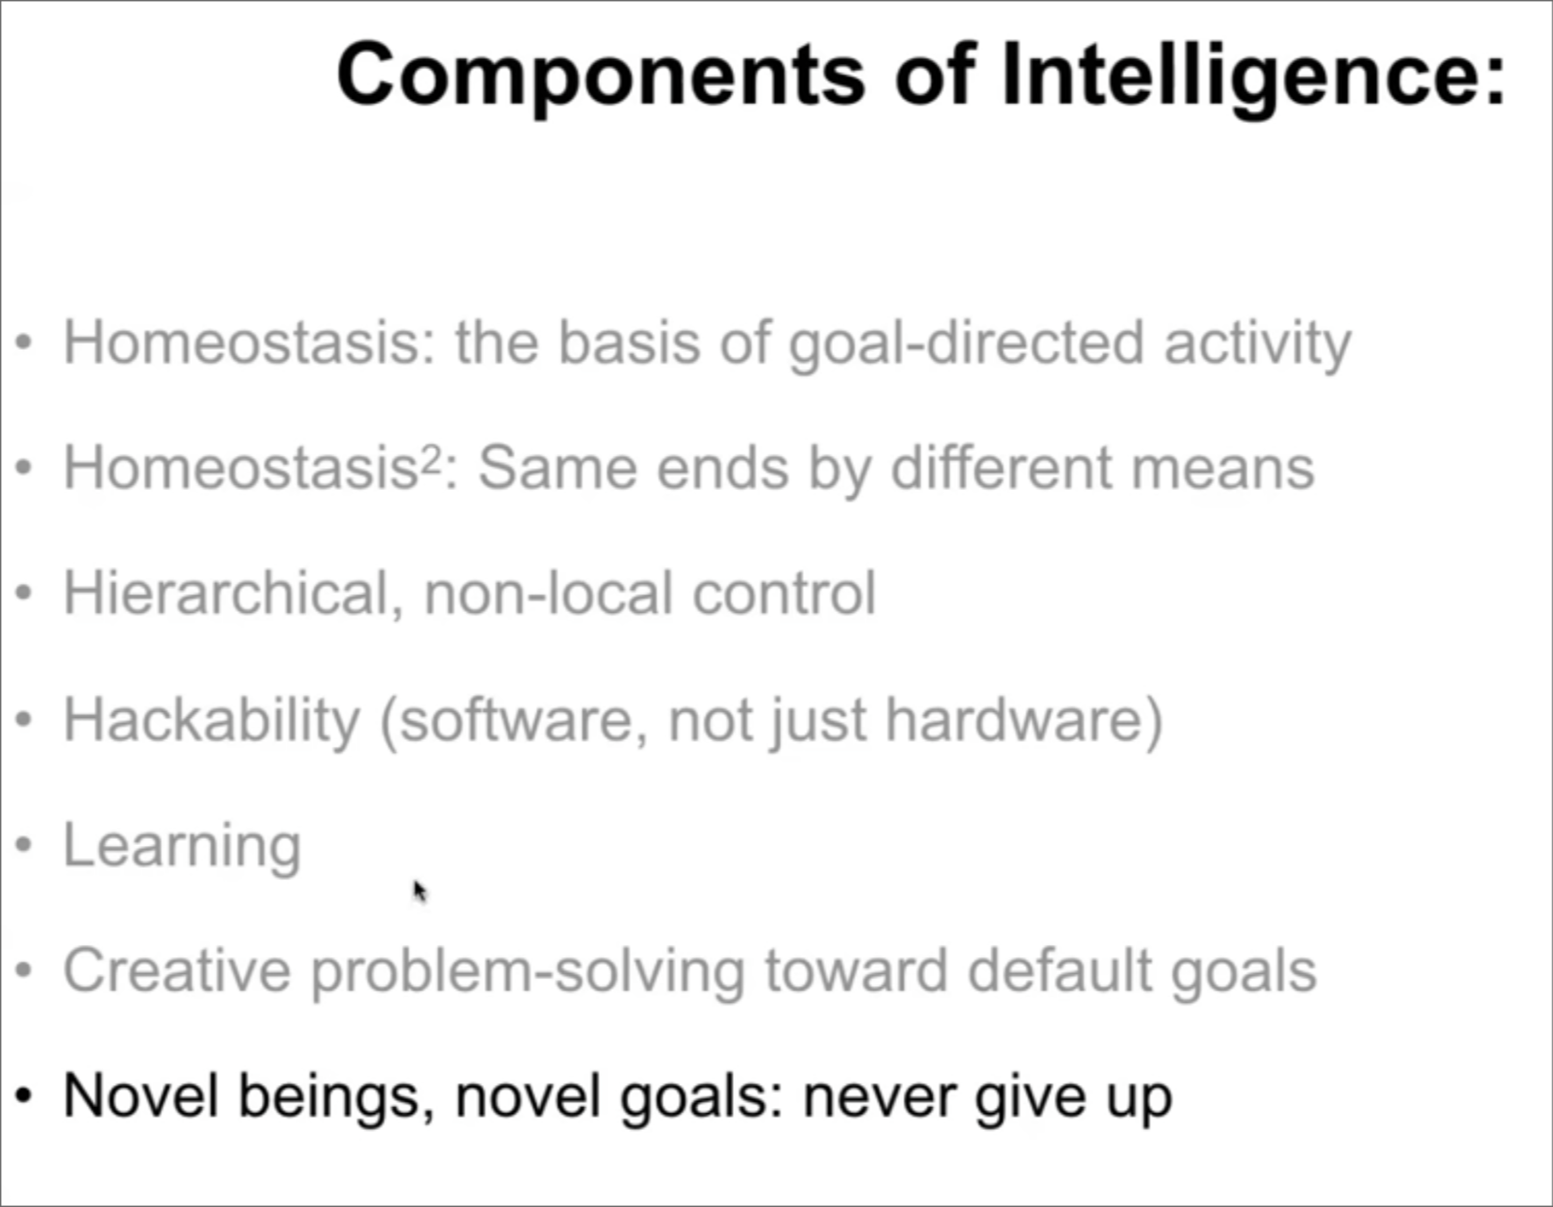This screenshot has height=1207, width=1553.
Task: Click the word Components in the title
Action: (x=602, y=77)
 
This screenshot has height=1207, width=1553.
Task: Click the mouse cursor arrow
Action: (x=420, y=892)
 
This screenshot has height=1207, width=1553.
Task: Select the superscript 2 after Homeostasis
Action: (x=430, y=457)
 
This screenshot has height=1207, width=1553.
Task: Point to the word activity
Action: (x=1257, y=344)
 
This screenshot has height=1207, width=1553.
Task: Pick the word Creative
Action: (x=177, y=971)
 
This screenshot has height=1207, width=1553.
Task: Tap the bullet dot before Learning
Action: (x=24, y=845)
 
